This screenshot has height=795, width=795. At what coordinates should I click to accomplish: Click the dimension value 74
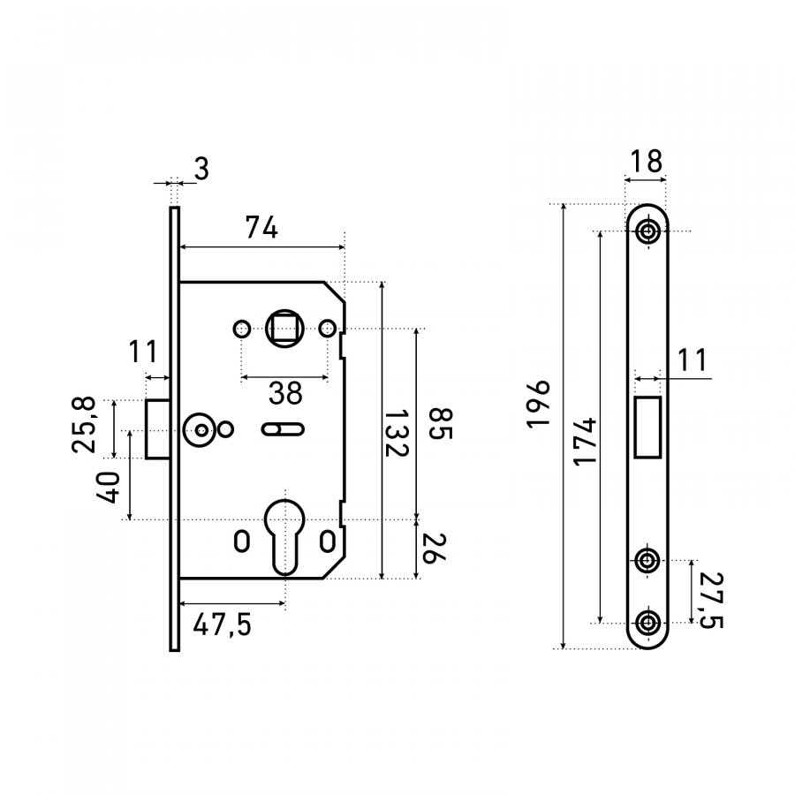(261, 229)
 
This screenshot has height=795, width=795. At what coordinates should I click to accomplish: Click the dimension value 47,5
(222, 625)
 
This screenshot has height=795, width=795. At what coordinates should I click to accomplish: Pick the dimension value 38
(284, 392)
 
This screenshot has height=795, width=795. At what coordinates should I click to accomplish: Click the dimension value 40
(109, 488)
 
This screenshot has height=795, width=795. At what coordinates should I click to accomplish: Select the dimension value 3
(201, 169)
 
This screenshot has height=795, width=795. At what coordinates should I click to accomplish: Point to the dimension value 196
(539, 405)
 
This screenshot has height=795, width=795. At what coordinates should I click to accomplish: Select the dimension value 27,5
(709, 600)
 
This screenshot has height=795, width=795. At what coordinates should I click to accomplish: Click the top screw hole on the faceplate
(649, 232)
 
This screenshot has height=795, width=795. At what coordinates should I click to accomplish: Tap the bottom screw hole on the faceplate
(649, 622)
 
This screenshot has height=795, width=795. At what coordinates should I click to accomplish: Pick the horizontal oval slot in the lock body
(283, 429)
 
